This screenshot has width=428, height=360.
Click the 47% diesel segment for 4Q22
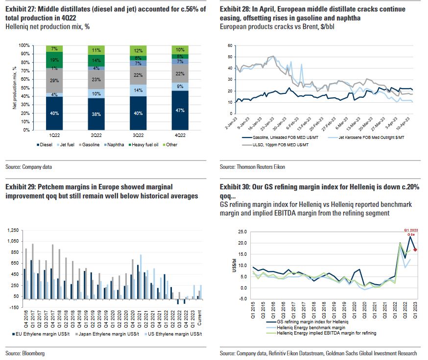(x=180, y=111)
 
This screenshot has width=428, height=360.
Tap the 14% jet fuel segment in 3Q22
(x=138, y=90)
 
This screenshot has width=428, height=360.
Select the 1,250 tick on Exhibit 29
(x=12, y=230)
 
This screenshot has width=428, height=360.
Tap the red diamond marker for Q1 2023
(x=415, y=250)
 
